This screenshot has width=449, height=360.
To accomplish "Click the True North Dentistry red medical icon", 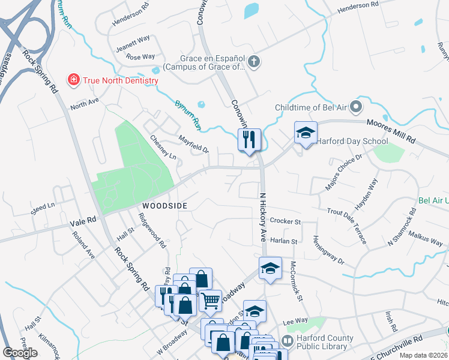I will click(73, 80).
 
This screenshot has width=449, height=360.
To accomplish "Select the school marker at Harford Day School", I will click(306, 133).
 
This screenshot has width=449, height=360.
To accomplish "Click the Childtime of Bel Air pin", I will click(355, 107).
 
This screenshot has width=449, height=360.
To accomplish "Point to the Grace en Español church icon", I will click(254, 61).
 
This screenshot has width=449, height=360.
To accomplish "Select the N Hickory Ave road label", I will click(262, 217).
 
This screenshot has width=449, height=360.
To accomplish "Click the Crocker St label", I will click(285, 221).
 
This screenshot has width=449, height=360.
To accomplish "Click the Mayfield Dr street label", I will click(193, 143).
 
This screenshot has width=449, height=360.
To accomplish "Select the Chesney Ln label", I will click(163, 148).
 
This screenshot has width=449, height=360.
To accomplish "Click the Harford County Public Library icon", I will click(287, 341).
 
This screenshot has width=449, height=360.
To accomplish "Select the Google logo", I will click(20, 353).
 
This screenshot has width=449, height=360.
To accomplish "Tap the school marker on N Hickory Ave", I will click(270, 268).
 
